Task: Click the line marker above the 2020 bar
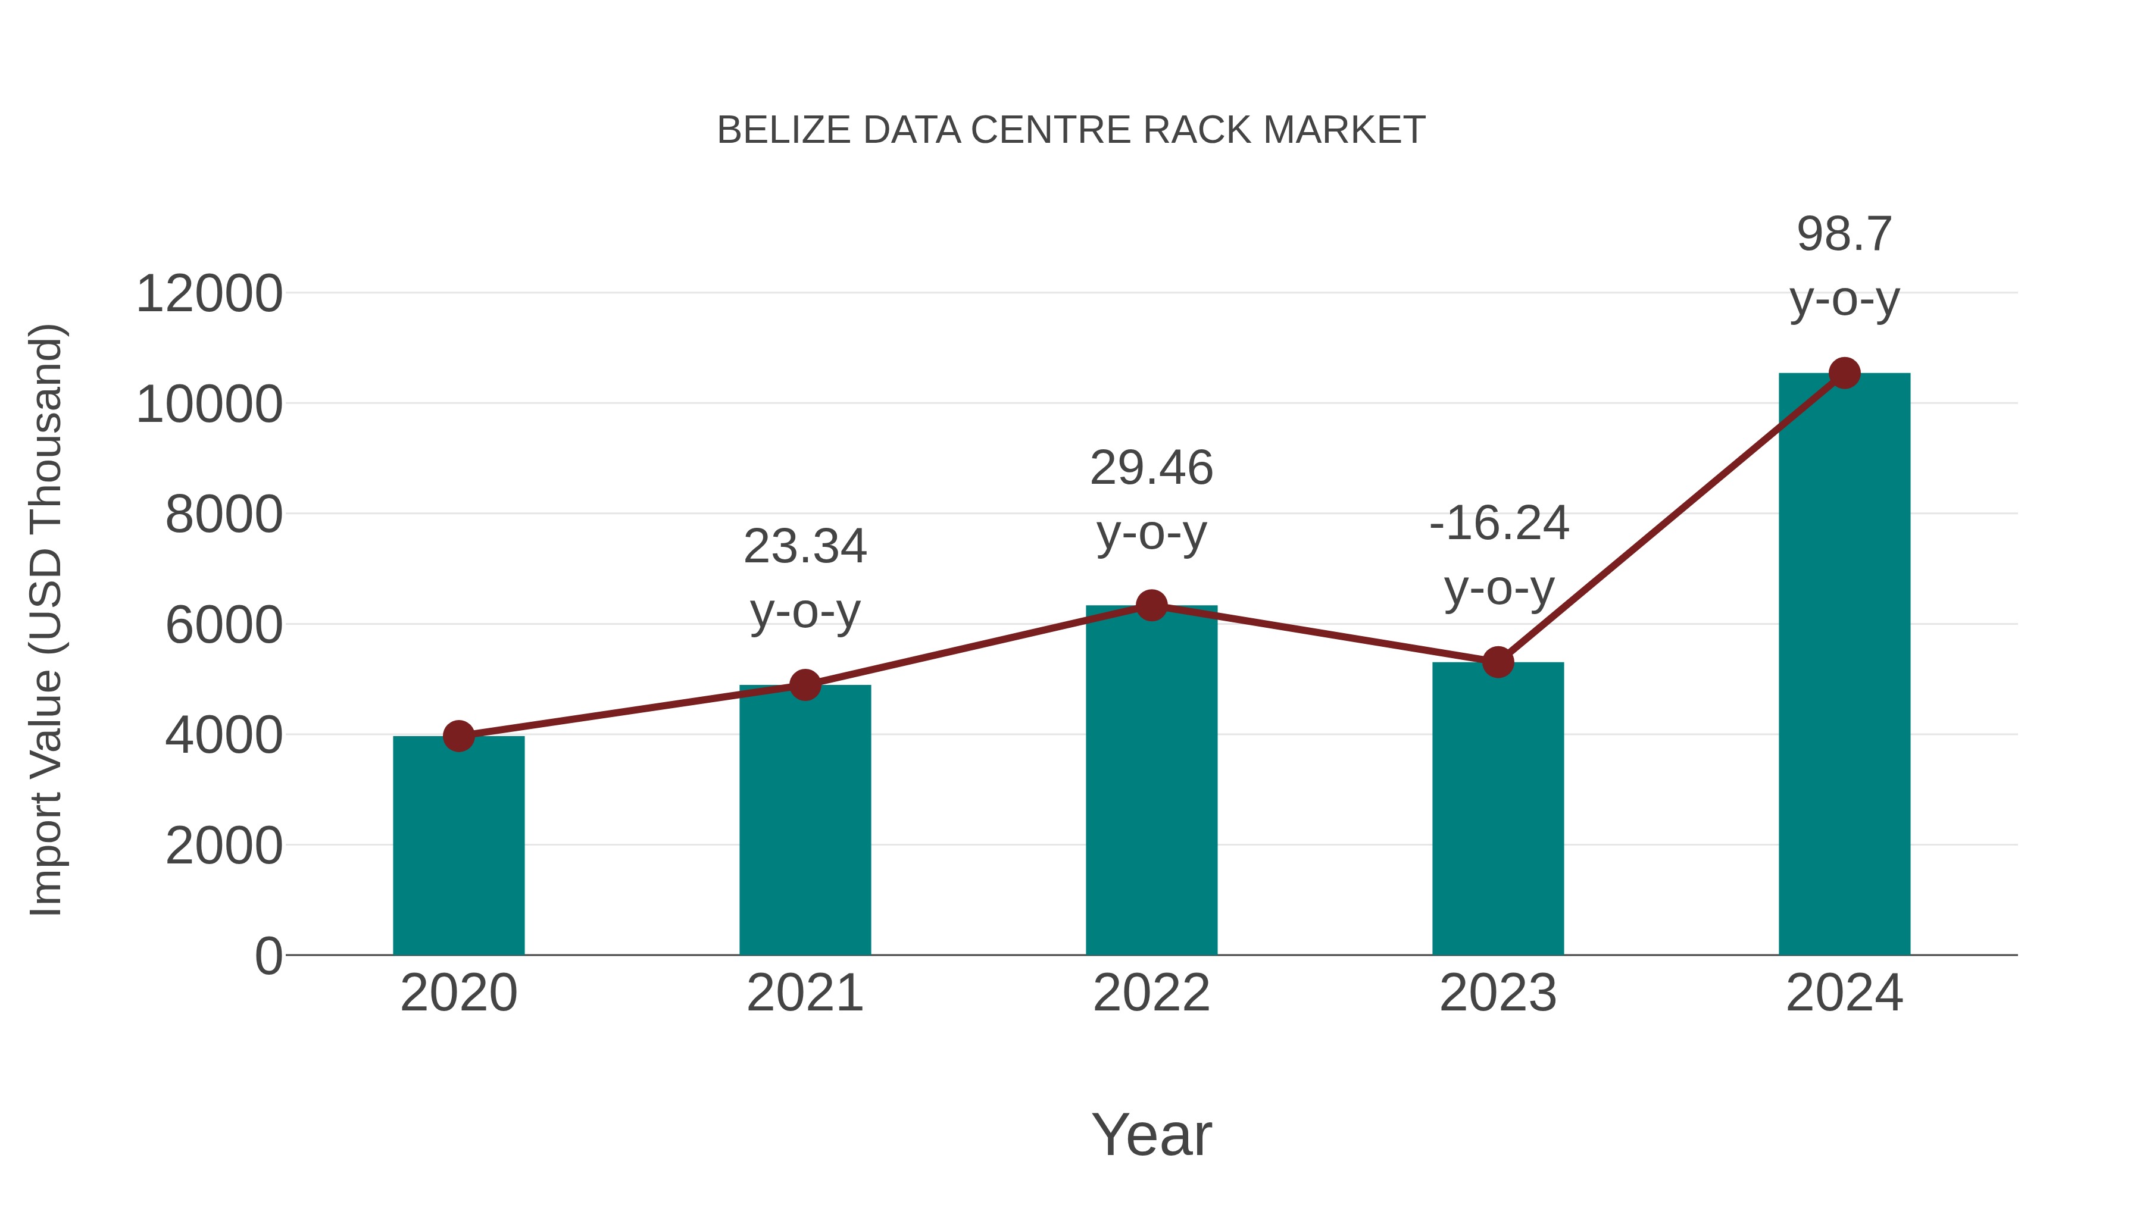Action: (x=458, y=736)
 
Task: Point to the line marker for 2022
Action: (x=1151, y=605)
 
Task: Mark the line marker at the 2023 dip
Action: (x=1498, y=663)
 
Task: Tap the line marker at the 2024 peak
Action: (x=1844, y=373)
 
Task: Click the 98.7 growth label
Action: (x=1844, y=234)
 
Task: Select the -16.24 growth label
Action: (x=1498, y=524)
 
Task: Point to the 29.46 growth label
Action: (x=1151, y=468)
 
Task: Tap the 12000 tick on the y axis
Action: (x=209, y=295)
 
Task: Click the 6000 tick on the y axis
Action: (x=224, y=625)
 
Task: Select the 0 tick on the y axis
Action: (x=268, y=956)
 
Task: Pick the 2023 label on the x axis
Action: (x=1498, y=993)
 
